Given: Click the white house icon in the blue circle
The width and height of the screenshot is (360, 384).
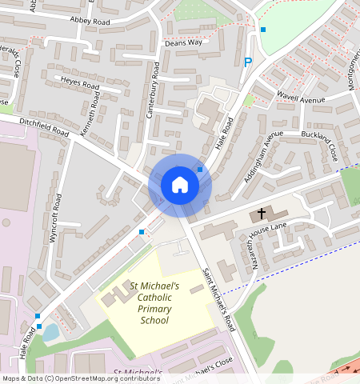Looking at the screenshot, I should point(180,185).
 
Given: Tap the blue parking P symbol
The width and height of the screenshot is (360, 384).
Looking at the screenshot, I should point(248,62).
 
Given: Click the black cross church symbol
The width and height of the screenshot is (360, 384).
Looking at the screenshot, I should point(262,214).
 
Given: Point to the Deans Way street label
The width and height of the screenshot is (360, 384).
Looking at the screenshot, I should point(183,42).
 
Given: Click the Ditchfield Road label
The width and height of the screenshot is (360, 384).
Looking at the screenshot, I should point(44,128).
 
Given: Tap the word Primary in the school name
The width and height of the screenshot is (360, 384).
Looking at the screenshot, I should point(154,309).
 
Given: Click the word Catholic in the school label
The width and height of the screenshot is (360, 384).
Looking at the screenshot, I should point(154,298).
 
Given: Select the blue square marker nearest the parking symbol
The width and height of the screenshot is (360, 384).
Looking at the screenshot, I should point(263,30).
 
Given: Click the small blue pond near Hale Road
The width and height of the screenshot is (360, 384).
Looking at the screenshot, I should point(50,331).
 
